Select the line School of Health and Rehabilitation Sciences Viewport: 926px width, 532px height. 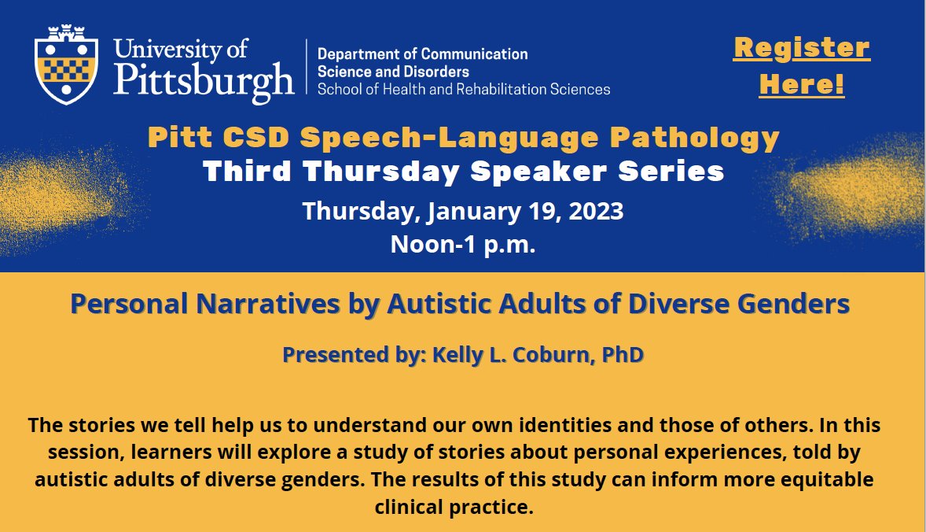click(x=463, y=89)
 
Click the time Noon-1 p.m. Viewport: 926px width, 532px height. click(x=462, y=245)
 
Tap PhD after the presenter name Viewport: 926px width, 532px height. click(x=623, y=355)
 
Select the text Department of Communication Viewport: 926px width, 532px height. click(x=422, y=54)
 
